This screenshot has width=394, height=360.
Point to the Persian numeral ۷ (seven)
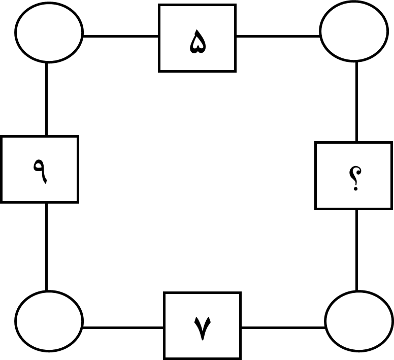(203, 328)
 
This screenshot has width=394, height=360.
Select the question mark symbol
(355, 178)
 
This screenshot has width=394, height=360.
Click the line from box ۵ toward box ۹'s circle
(121, 37)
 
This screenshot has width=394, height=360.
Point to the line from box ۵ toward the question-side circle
(278, 37)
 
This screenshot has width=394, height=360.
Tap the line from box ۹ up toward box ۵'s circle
(47, 99)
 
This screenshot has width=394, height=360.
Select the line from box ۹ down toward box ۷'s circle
(47, 247)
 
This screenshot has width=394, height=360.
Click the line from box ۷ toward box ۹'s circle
(123, 328)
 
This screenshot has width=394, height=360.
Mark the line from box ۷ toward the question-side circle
(283, 328)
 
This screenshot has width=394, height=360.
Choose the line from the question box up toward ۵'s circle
(357, 102)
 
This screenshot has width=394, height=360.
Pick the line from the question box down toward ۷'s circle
(357, 250)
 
